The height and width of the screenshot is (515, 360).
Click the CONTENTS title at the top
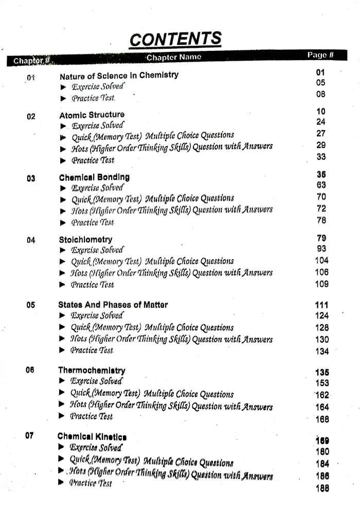coord(175,39)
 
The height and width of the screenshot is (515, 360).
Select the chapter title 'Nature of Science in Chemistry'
coord(119,75)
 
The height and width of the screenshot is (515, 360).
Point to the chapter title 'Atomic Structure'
coord(92,115)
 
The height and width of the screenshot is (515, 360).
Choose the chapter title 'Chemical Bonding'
coord(94,177)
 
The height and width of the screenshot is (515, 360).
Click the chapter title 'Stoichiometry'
coord(85,240)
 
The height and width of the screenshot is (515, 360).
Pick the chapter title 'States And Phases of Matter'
coord(113,305)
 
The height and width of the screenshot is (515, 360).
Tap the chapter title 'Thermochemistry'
coord(92,370)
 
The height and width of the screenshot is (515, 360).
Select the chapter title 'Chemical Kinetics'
coord(92,436)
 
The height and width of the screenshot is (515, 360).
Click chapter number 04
coord(31,240)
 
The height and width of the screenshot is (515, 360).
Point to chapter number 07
coord(30,435)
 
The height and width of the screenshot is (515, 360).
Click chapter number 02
coord(31,117)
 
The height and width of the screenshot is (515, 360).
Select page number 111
coord(321,305)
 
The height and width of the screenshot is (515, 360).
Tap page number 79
coord(321,238)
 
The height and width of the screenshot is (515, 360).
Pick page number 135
coord(322,373)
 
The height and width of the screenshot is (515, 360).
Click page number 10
coord(321,112)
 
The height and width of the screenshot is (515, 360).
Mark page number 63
coord(321,185)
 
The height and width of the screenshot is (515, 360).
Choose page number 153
coord(322,383)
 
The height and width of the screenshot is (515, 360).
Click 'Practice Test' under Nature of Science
coord(93,98)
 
